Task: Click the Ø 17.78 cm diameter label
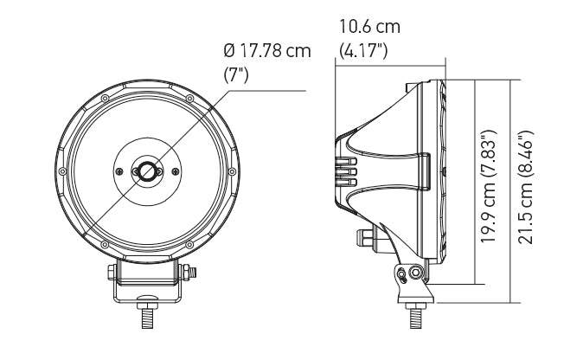(267, 51)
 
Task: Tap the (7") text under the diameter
(237, 74)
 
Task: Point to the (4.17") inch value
(363, 50)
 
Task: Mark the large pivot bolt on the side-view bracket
(416, 273)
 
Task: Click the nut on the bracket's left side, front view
(112, 273)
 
